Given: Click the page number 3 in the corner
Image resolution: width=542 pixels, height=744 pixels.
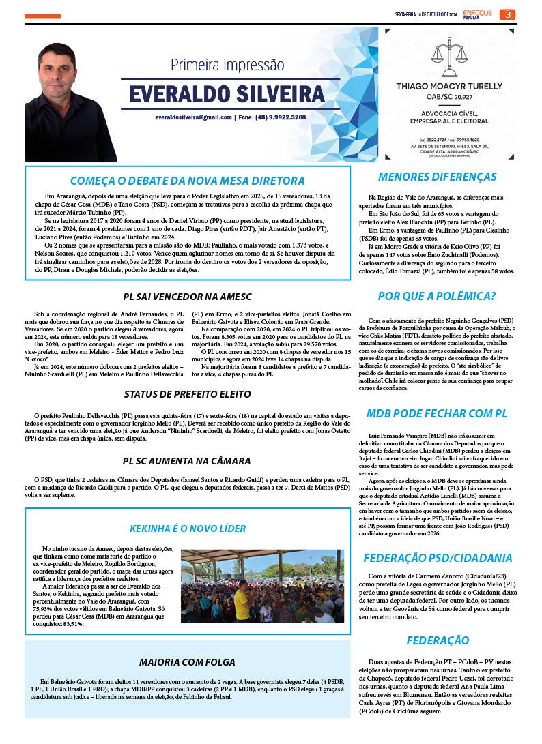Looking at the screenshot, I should coord(508,14).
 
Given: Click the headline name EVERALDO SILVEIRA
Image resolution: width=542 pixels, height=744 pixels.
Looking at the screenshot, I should coord(218,93).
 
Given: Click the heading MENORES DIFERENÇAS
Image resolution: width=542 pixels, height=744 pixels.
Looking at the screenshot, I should coord(437,177).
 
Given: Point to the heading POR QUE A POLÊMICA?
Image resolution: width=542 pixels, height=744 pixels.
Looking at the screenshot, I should coord(437,296).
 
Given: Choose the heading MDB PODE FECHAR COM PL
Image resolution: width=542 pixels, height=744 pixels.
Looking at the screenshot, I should coord(437,413).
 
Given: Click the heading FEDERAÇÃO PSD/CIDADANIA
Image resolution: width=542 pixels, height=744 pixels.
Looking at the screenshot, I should coord(437,557).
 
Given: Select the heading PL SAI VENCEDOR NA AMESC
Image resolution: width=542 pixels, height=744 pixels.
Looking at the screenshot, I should coord(187,297).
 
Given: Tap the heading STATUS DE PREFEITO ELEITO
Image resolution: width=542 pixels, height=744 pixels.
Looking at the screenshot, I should coord(187,394).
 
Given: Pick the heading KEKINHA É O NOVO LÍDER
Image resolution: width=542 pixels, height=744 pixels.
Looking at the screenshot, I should coord(187,529).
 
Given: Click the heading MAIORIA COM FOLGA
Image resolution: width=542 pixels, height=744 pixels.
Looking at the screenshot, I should coord(187,662).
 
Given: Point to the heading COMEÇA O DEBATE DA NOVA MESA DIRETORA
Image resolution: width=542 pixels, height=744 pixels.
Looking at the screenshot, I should coord(187,181).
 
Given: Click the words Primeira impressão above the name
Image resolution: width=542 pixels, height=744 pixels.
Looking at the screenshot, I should coord(227,65).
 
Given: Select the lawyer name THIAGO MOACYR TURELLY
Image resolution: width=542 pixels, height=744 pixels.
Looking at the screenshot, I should coord(448,87).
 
